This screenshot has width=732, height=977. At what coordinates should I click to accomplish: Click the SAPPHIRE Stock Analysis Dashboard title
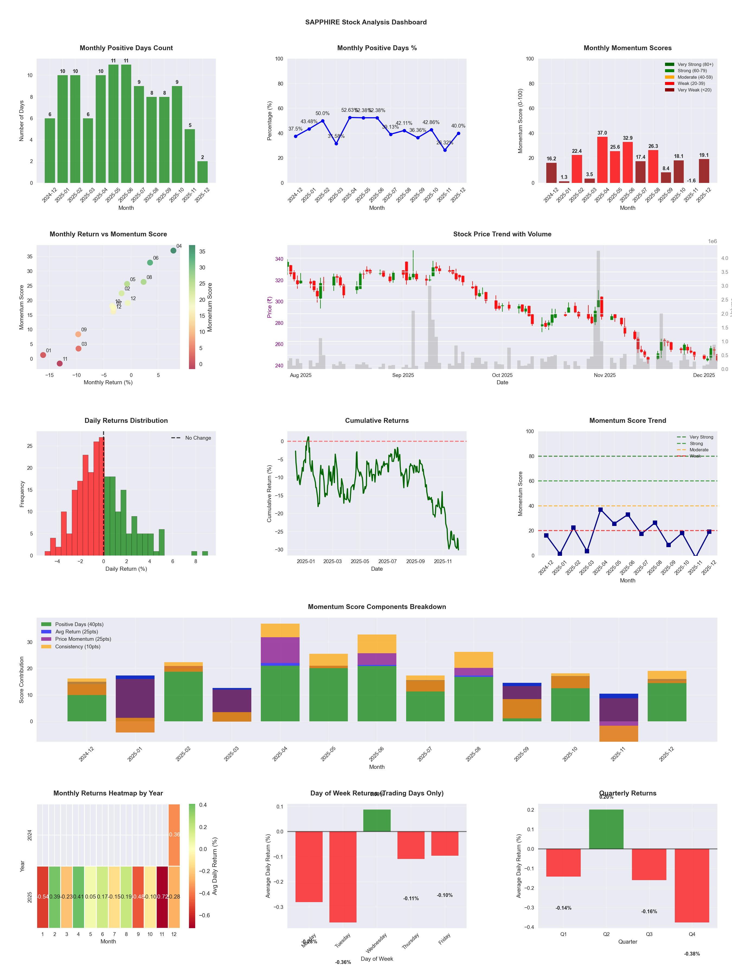[366, 22]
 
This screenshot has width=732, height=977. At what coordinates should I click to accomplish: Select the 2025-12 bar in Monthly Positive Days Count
[203, 172]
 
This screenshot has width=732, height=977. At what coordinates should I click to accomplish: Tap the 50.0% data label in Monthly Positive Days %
[323, 113]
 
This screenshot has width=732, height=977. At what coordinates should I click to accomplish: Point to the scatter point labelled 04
[174, 250]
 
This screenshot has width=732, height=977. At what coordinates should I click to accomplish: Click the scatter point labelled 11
[60, 363]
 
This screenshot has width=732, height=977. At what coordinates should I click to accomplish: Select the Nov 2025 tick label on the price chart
[605, 375]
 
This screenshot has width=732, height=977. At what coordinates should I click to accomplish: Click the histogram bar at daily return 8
[194, 553]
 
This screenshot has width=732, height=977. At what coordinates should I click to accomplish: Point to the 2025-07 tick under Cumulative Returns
[387, 562]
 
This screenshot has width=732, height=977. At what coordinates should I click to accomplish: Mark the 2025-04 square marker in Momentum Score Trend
[601, 510]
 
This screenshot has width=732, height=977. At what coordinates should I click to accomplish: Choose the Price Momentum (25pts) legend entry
[83, 639]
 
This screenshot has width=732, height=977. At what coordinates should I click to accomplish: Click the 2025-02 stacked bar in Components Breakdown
[184, 692]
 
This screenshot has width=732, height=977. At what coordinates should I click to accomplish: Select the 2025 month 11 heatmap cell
[162, 897]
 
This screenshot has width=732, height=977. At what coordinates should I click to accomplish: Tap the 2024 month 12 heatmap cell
[174, 835]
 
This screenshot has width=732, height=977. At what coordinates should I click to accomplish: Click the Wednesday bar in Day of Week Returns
[377, 821]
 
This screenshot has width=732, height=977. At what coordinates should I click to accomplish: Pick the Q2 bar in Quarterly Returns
[606, 829]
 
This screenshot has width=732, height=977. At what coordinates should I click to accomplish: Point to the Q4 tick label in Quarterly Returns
[692, 934]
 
